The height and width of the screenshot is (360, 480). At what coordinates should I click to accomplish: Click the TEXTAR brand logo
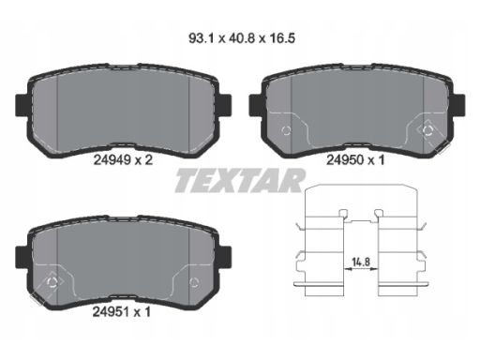239,180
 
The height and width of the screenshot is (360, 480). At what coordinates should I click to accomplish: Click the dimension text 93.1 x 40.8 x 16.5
239,40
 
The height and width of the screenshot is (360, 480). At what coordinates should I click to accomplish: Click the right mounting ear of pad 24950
460,103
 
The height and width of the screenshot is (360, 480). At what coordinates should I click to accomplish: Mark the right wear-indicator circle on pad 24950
427,127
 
